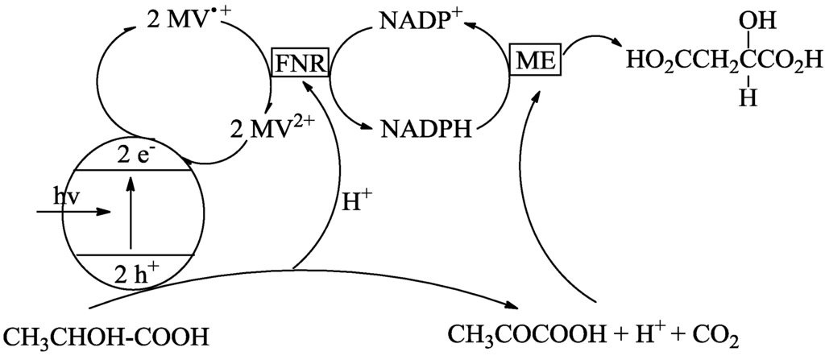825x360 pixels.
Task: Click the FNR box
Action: pos(301,62)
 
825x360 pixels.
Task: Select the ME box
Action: pos(537,59)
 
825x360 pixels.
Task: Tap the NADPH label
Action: pos(427,129)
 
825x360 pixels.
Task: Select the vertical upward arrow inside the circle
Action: pos(130,214)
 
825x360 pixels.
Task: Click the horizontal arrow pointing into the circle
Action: pos(73,213)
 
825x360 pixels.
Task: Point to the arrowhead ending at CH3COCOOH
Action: pos(512,306)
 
